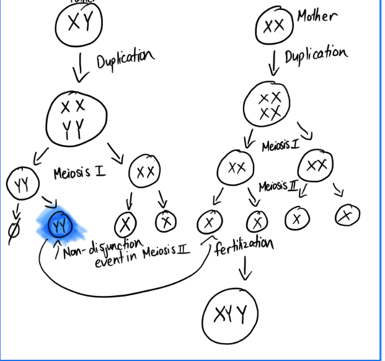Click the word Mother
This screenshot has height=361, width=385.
317,16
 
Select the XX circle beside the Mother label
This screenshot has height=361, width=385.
273,27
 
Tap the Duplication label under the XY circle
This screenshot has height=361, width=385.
124,60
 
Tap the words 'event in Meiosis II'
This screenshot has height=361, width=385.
143,261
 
